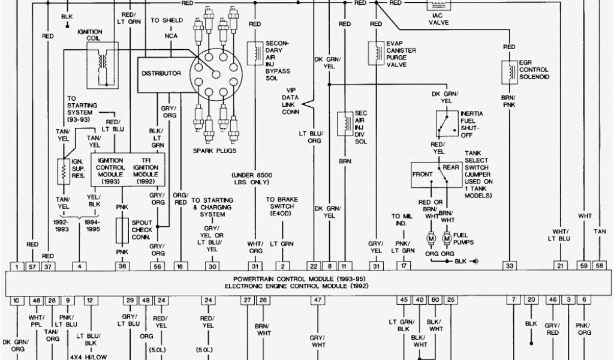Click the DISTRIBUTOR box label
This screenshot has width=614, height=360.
click(x=161, y=73)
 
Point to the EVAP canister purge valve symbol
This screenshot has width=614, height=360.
click(x=376, y=52)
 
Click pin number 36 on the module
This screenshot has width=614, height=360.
click(x=122, y=266)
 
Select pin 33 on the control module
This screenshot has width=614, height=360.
click(x=509, y=266)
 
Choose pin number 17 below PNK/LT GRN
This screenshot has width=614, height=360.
click(x=405, y=266)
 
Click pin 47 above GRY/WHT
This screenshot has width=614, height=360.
click(x=316, y=300)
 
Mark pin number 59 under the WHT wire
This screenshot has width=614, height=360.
click(x=583, y=266)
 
